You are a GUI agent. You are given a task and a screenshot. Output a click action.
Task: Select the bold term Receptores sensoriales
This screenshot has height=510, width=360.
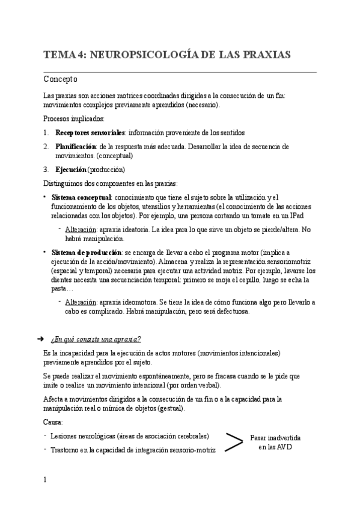pos(90,132)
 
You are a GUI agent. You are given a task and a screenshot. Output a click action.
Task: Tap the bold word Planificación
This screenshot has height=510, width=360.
pos(76,146)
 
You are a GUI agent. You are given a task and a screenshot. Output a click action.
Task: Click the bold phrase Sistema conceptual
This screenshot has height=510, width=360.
pos(81,197)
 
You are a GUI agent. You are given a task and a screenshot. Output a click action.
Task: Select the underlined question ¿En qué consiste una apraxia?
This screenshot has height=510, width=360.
pos(96,339)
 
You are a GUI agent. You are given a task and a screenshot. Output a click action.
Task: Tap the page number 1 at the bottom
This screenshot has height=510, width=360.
pos(45,479)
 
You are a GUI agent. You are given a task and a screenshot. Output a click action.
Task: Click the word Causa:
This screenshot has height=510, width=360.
pos(53,422)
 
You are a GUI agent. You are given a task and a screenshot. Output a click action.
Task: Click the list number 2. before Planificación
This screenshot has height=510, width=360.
pos(46,146)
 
